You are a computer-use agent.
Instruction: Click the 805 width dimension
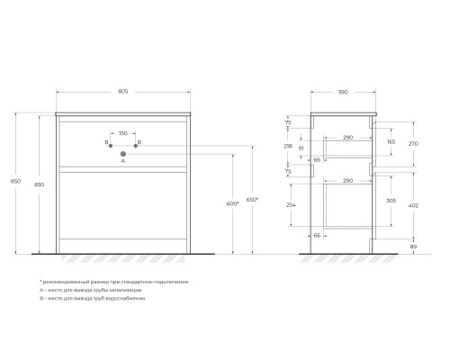pos(123,93)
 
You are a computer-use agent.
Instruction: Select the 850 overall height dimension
pos(13,181)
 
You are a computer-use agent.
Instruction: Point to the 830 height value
pos(39,184)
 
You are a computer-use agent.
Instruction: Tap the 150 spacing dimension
pos(122,133)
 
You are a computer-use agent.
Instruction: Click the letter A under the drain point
pos(122,163)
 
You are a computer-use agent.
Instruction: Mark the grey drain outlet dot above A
pos(122,154)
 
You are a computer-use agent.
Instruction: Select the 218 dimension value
pos(288,145)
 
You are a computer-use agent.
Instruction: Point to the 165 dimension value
pos(391,141)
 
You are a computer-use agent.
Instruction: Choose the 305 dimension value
pos(391,201)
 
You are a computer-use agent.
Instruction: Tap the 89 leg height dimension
pos(413,246)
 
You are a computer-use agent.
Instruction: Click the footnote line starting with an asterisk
pos(114,282)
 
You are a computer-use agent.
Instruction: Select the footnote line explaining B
pos(92,298)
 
